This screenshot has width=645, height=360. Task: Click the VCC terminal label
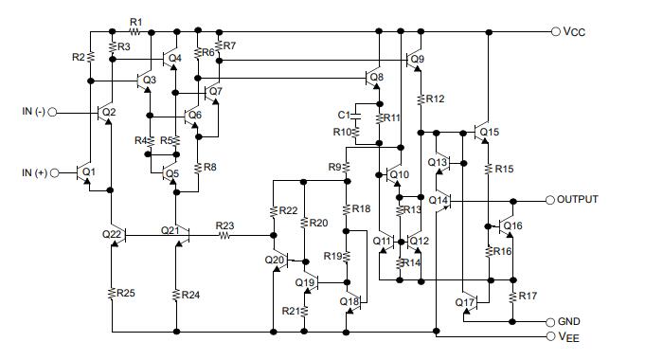(x=574, y=31)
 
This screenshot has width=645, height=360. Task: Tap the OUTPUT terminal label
(x=581, y=201)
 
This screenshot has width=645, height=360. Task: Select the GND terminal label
(x=569, y=321)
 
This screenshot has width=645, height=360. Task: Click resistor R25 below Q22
(x=112, y=293)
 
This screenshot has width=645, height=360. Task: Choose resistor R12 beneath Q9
(x=420, y=99)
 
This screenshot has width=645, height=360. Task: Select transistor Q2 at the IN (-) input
(x=102, y=113)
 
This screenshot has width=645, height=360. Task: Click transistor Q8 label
(x=377, y=77)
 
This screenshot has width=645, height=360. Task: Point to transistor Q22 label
(x=111, y=233)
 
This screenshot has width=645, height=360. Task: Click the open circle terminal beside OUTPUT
(x=548, y=201)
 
